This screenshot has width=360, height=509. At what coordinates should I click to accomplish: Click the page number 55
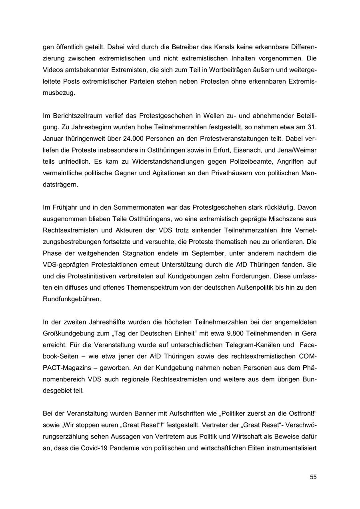click(x=313, y=477)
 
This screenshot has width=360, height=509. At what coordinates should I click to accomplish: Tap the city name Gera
click(x=309, y=333)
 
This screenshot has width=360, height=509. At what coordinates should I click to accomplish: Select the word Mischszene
click(x=290, y=218)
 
